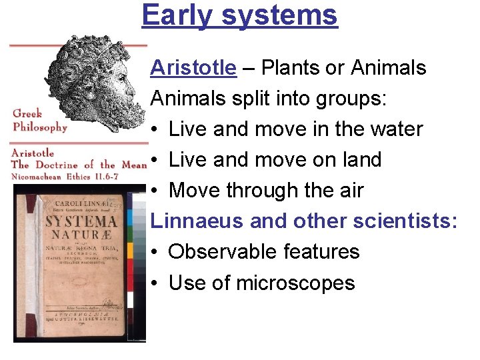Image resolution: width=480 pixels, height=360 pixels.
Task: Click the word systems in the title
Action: click(279, 15)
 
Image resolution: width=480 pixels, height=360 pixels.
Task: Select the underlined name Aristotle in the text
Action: click(193, 68)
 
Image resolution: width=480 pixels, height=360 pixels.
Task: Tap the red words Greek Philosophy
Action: click(39, 120)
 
